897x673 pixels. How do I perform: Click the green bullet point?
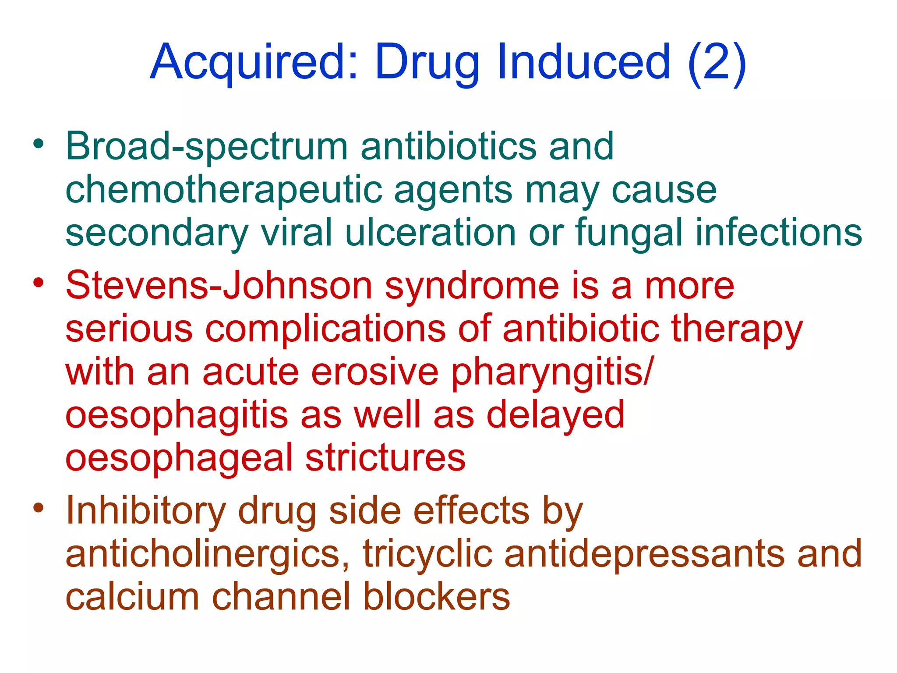[x=39, y=144]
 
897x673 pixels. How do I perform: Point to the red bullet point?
[x=39, y=283]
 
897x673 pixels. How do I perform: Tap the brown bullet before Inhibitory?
[x=39, y=508]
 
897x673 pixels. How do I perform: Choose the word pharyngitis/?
[x=553, y=372]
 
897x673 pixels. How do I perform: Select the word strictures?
[x=385, y=458]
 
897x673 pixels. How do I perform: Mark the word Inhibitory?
[x=146, y=511]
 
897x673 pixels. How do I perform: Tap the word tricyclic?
[x=427, y=554]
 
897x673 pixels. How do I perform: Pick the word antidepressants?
[x=644, y=554]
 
